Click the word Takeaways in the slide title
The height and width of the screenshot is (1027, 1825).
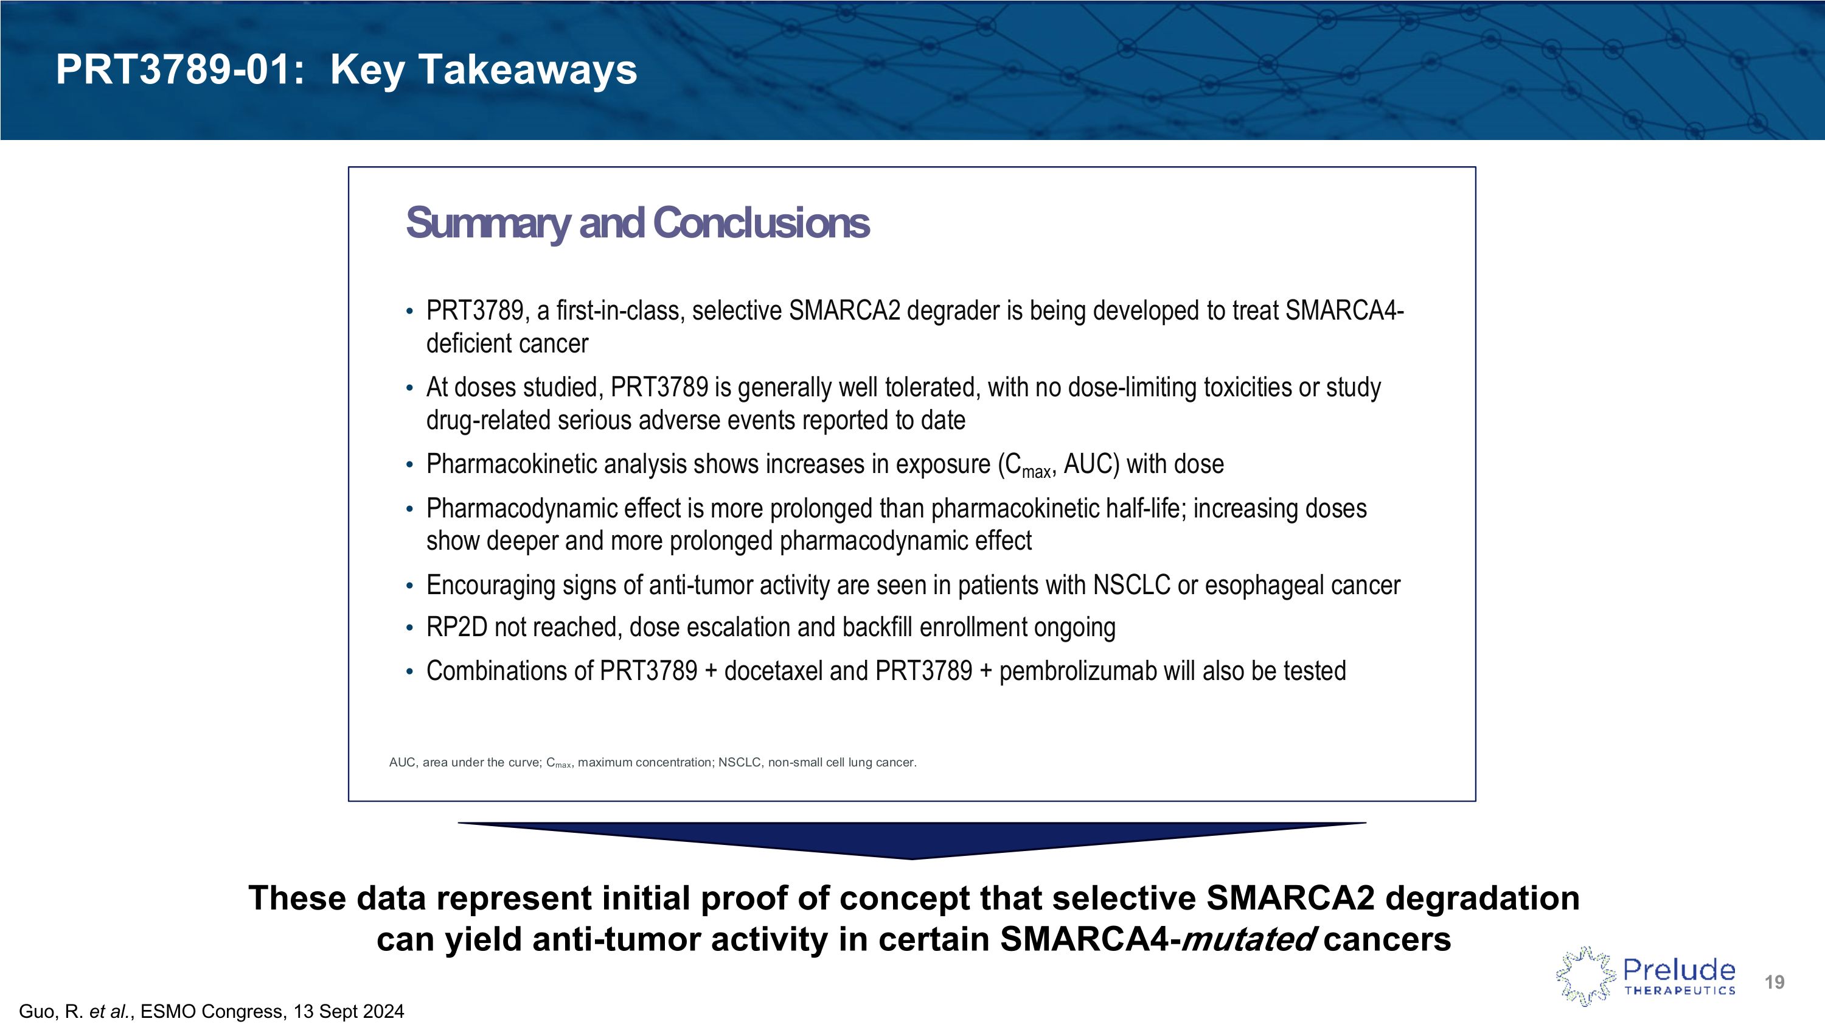[528, 71]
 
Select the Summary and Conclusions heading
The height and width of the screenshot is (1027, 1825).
[636, 223]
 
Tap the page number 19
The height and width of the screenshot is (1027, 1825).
[1774, 981]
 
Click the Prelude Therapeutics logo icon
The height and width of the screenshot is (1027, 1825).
[1585, 976]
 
